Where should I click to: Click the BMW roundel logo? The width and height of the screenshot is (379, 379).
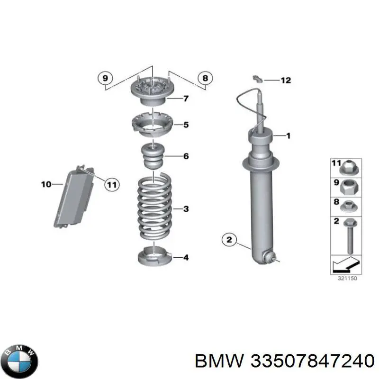21,361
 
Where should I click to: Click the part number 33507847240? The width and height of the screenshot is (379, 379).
312,361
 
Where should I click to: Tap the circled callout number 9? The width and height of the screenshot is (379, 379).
105,78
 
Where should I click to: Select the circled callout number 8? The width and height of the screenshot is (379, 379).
205,78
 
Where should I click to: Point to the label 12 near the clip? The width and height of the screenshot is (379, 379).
286,80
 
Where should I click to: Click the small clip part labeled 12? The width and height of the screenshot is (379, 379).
258,79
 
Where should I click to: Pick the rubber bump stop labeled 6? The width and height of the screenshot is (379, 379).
153,156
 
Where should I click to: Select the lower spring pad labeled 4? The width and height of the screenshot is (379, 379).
155,256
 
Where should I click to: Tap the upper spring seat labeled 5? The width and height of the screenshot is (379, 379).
153,125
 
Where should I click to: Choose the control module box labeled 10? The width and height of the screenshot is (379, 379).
73,196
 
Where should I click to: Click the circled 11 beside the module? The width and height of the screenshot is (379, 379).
112,185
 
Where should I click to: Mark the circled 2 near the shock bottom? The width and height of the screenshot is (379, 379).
229,240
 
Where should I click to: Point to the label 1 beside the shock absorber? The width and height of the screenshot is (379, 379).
288,136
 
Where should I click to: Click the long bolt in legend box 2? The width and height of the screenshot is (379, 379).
350,236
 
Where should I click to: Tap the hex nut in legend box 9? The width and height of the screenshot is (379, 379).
349,187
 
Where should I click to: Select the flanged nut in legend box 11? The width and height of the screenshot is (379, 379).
349,168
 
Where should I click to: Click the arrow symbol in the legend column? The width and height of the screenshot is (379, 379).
346,264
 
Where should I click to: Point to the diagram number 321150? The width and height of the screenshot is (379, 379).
347,278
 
